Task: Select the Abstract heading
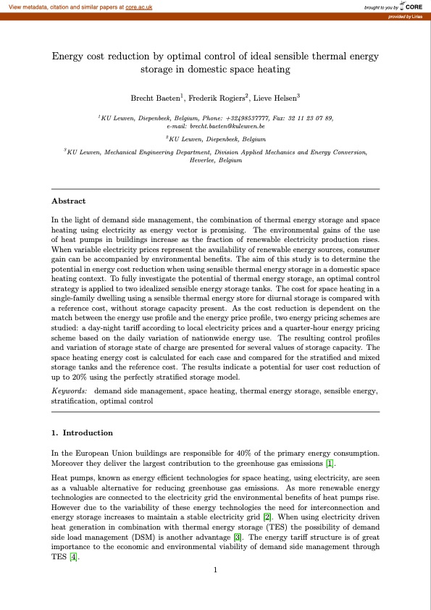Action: [69, 201]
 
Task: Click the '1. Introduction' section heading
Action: [82, 433]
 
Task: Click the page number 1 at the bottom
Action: [216, 570]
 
